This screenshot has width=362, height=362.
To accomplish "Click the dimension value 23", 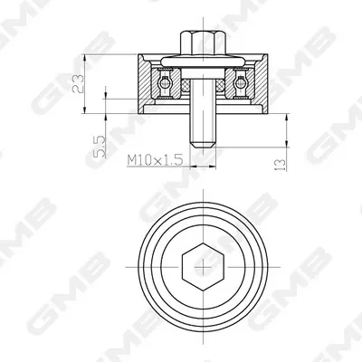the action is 78,83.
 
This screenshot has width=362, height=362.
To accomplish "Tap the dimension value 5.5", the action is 100,147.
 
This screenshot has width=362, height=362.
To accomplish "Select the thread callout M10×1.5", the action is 155,159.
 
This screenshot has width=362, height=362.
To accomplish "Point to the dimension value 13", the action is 280,165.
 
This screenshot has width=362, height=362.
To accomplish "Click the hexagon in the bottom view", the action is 204,267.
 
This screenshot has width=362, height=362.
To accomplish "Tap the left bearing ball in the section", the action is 165,83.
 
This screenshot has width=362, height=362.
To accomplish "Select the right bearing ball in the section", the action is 241,83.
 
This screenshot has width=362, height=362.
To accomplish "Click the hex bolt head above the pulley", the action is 204,43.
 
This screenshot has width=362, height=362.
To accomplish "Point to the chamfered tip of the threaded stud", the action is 203,145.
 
